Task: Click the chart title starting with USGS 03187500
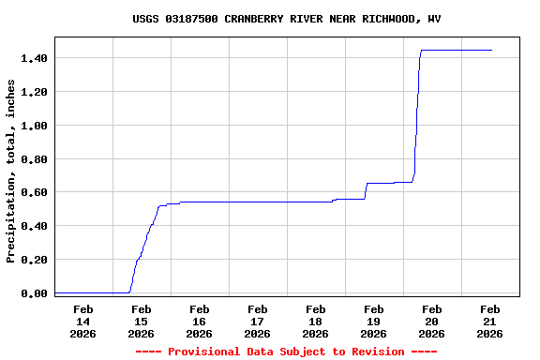287,19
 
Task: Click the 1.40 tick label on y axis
34,58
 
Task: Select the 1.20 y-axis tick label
34,92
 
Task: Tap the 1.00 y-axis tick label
34,126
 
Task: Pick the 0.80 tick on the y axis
34,159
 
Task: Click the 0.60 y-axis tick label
34,192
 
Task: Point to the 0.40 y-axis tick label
34,226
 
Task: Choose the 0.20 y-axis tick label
34,260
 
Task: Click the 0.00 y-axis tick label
34,293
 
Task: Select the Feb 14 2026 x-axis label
82,321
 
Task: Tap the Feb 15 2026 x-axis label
141,321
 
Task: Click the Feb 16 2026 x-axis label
199,321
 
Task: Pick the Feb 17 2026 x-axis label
257,321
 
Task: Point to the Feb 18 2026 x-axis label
315,321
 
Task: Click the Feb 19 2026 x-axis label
373,321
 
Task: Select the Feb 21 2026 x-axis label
489,321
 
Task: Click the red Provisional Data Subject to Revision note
287,352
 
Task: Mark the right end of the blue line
491,50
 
